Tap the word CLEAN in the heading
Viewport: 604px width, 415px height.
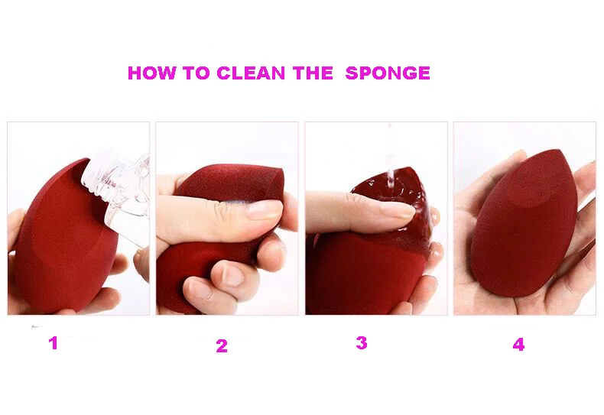click(251, 73)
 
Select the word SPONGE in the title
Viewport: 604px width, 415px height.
click(388, 73)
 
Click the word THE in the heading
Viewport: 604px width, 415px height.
click(313, 73)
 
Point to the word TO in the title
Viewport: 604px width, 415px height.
click(196, 73)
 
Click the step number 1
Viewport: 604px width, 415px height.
click(54, 342)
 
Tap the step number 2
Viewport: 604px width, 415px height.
click(222, 346)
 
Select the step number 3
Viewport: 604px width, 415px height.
click(362, 342)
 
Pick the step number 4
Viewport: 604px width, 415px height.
click(518, 344)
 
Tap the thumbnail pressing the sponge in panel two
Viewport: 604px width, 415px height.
click(265, 210)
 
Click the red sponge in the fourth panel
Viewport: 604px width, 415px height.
click(524, 223)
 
